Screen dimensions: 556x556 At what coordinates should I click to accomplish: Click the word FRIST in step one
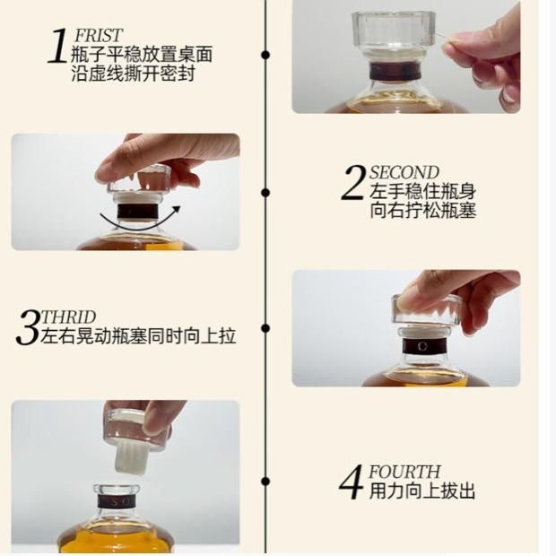[x=99, y=36]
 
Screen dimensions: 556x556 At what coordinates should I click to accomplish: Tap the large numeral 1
[x=57, y=46]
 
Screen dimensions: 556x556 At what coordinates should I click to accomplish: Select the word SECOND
[x=404, y=173]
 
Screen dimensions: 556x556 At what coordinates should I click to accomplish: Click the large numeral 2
[x=352, y=183]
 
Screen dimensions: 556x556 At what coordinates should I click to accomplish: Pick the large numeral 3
[x=27, y=327]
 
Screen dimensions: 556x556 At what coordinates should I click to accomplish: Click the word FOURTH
[x=404, y=472]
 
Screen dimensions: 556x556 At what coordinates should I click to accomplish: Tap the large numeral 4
[x=351, y=482]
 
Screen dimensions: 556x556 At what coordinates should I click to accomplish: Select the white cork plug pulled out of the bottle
[x=130, y=456]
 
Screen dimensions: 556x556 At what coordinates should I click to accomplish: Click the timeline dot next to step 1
[x=265, y=55]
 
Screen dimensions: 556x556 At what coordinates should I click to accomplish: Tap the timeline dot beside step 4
[x=265, y=482]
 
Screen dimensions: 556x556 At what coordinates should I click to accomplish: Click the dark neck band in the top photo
[x=395, y=71]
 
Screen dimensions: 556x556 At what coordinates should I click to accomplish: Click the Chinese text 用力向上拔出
[x=422, y=491]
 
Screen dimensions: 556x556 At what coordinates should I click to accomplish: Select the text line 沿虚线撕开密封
[x=133, y=74]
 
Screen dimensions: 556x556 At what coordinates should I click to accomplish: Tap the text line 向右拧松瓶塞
[x=422, y=211]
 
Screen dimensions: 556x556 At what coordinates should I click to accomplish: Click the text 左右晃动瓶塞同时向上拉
[x=138, y=335]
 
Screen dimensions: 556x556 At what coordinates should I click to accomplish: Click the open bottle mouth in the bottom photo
[x=117, y=490]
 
